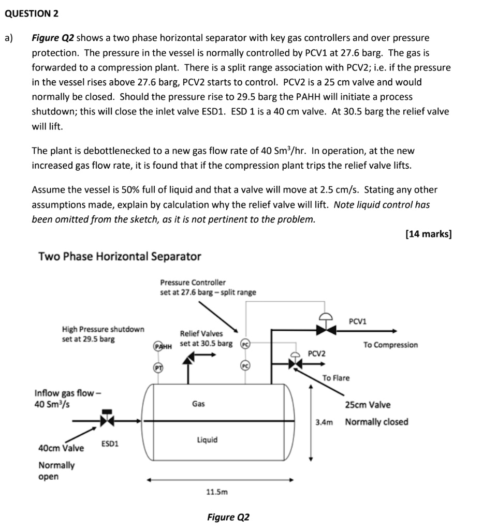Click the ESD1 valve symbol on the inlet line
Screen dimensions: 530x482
[x=107, y=420]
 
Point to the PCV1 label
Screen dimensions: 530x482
[x=358, y=321]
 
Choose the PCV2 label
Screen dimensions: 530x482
[x=317, y=354]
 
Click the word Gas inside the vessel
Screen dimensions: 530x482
[x=198, y=404]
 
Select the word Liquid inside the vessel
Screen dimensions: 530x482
[x=207, y=440]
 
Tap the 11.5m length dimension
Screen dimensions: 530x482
[x=217, y=492]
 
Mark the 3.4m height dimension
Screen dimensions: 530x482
[x=324, y=422]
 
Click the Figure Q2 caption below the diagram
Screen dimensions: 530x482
[x=228, y=518]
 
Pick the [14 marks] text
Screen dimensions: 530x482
[x=429, y=234]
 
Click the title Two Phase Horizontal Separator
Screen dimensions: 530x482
[x=120, y=257]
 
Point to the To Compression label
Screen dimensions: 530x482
[x=390, y=345]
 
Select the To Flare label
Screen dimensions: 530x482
[x=336, y=378]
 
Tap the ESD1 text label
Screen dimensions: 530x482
[x=110, y=444]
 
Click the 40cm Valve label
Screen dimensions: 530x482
[x=62, y=448]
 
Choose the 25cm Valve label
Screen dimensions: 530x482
[x=368, y=405]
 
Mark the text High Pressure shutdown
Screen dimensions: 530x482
[x=103, y=329]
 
